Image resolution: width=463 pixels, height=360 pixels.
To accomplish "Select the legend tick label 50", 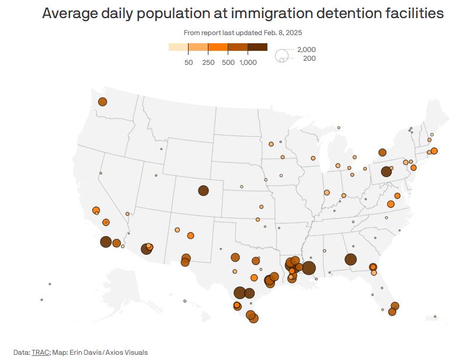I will point(188,62).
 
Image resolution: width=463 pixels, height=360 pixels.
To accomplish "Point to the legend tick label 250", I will point(208,62).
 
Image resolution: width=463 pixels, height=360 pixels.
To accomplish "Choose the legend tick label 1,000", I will point(248,62).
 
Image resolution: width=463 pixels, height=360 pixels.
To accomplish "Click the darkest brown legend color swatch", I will point(257,47).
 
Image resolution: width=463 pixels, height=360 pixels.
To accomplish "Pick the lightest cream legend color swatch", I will point(178,47).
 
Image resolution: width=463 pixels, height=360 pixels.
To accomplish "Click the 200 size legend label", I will point(309,58).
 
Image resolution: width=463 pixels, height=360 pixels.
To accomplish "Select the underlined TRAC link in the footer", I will point(39,352).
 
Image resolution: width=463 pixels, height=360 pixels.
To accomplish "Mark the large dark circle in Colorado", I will point(203,190).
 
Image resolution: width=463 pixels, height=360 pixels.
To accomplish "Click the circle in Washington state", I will point(102,102).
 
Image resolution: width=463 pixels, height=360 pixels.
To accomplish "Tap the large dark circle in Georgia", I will point(350,259).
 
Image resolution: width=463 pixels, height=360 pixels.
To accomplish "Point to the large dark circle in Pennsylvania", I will point(386,172).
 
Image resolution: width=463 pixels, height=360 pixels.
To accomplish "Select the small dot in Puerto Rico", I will point(435,317).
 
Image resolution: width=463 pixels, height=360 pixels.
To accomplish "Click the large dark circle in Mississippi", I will point(309,268).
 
